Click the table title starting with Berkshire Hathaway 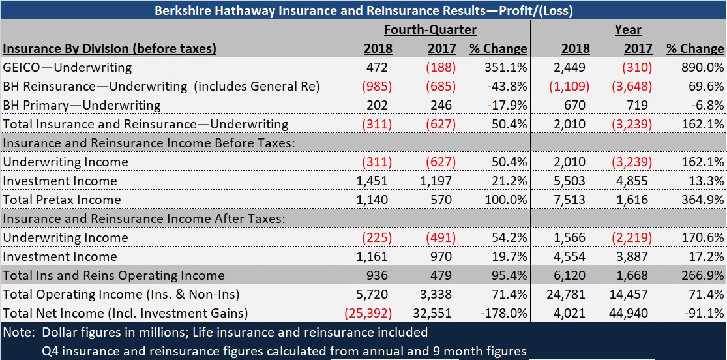[363, 10]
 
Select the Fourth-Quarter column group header [430, 29]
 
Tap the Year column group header [627, 29]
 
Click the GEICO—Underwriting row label [67, 67]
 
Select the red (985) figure [378, 86]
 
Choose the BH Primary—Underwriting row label [82, 105]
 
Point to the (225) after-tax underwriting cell [378, 237]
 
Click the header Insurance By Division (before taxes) [110, 48]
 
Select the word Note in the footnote [19, 333]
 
